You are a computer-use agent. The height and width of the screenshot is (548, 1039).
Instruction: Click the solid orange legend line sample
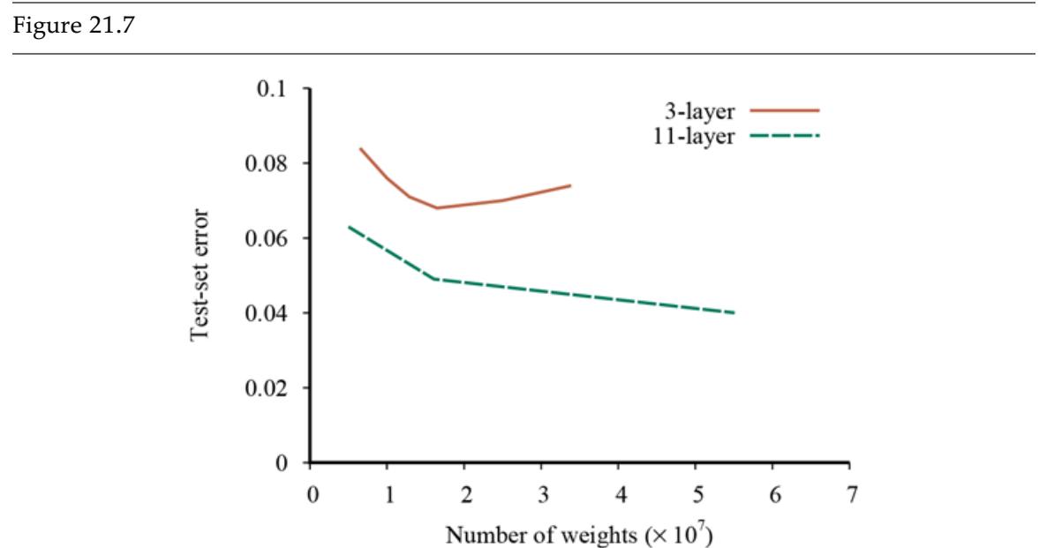pos(785,110)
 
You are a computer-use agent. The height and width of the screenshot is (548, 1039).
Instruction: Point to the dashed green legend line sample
pos(785,136)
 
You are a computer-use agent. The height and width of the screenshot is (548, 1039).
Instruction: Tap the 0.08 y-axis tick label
pos(268,164)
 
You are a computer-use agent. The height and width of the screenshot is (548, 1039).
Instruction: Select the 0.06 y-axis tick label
pos(268,239)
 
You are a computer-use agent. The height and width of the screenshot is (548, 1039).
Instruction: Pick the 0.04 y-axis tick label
pos(268,313)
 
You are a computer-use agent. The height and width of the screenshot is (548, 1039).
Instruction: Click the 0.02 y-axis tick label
pos(268,388)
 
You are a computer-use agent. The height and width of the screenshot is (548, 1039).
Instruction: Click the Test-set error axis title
pos(202,276)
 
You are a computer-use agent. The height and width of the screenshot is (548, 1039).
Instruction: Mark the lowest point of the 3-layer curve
pos(436,208)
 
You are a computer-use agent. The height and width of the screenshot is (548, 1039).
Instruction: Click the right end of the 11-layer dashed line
pos(734,312)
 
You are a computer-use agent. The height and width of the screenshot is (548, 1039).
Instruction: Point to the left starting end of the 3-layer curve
pos(360,148)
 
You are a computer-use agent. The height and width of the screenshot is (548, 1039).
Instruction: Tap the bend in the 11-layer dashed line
pos(436,279)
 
